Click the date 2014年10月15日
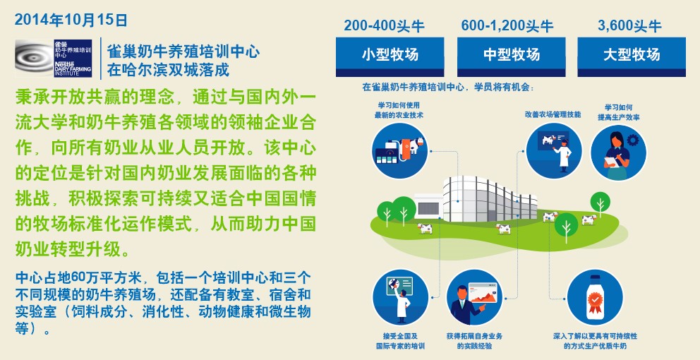point(71,20)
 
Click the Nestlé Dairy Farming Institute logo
point(54,58)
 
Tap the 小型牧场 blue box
point(390,56)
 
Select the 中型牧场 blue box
point(511,56)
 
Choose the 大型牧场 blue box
point(632,56)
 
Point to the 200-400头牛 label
point(384,25)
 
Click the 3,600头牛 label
point(629,25)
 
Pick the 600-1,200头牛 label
point(507,25)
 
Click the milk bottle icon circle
point(595,297)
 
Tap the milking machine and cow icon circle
point(399,151)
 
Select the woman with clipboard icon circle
point(618,152)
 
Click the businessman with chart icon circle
point(474,297)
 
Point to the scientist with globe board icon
point(400,297)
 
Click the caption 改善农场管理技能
point(553,115)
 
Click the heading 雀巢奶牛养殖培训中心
point(183,52)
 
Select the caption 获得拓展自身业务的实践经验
point(474,341)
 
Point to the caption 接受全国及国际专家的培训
point(400,341)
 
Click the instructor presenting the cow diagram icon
point(554,149)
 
